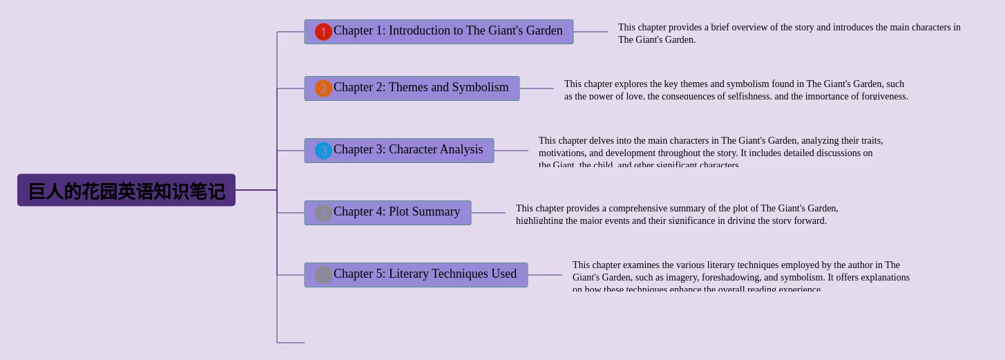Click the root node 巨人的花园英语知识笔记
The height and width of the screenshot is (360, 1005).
pyautogui.click(x=126, y=190)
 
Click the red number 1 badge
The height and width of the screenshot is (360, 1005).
pyautogui.click(x=323, y=32)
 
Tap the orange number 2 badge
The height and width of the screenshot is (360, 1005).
pyautogui.click(x=323, y=88)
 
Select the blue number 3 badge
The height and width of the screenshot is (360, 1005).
pyautogui.click(x=323, y=151)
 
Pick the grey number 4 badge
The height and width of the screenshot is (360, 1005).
pyautogui.click(x=323, y=213)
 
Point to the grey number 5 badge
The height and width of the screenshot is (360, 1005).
pyautogui.click(x=323, y=275)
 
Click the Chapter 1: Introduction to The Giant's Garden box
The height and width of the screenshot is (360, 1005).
pyautogui.click(x=448, y=31)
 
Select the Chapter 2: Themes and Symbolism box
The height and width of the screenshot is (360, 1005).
pyautogui.click(x=421, y=88)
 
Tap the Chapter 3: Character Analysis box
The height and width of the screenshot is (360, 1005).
pyautogui.click(x=408, y=150)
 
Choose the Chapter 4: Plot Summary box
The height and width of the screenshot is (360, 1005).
pyautogui.click(x=396, y=212)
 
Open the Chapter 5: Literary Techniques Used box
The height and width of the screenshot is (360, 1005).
pyautogui.click(x=425, y=274)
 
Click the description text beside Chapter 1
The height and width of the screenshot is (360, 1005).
pyautogui.click(x=789, y=33)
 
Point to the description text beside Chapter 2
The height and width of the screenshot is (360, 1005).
pyautogui.click(x=736, y=90)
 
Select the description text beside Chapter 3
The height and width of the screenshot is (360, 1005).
pyautogui.click(x=710, y=153)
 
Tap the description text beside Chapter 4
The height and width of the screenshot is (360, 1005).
pyautogui.click(x=677, y=214)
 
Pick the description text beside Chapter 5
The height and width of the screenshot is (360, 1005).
pyautogui.click(x=740, y=277)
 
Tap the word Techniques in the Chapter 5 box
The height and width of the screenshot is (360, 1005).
pyautogui.click(x=454, y=274)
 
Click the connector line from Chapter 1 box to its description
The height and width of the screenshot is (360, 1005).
pyautogui.click(x=591, y=32)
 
